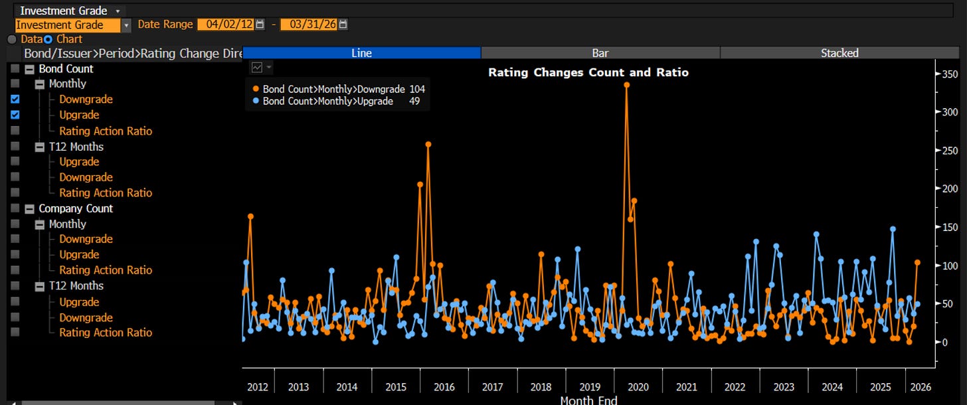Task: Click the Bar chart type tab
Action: coord(600,53)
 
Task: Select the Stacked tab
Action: coord(839,53)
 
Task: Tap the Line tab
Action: coord(362,53)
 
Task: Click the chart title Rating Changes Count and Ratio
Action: coord(588,72)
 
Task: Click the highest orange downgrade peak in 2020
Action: coord(626,85)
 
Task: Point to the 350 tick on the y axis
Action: coord(950,74)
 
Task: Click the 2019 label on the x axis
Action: coord(590,387)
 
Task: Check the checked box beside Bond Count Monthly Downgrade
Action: coord(15,100)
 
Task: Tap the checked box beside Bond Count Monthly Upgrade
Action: coord(15,115)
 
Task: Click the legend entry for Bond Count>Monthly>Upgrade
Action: coord(327,102)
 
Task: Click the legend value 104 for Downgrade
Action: coord(417,90)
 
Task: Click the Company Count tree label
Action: coord(76,208)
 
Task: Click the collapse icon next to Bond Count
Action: coord(29,70)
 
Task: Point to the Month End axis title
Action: coord(588,400)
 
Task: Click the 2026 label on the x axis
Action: coord(921,387)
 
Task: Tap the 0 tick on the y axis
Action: coord(945,343)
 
